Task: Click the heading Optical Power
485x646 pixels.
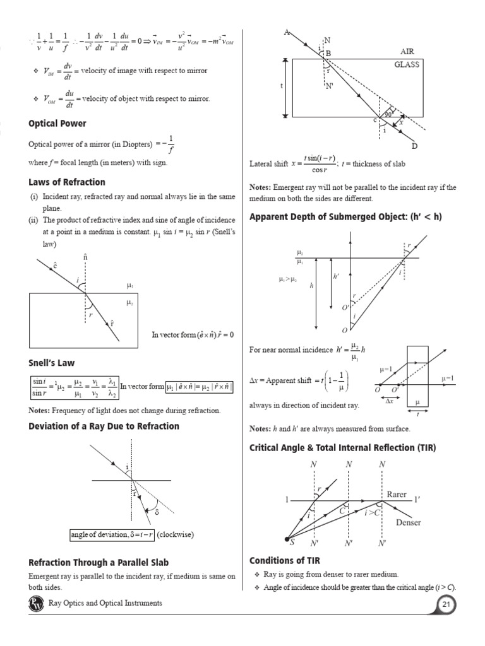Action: click(57, 124)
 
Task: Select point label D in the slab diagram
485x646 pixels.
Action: click(414, 146)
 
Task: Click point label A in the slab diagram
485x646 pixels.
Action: click(287, 32)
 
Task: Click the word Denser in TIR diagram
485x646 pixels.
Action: click(408, 522)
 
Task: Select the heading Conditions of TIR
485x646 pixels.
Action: click(288, 560)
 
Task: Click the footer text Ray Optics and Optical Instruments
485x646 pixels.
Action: click(105, 604)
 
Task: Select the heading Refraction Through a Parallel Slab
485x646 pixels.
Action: click(99, 563)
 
